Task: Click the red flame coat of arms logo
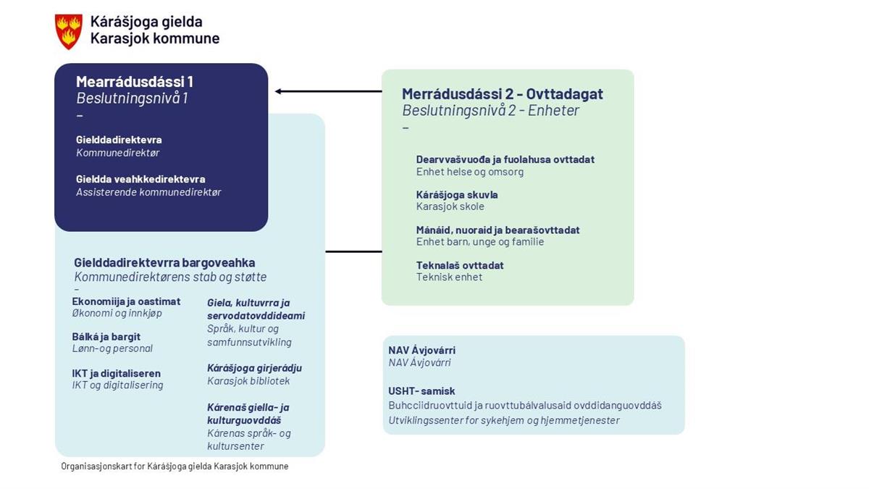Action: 69,31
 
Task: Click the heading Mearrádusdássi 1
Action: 135,82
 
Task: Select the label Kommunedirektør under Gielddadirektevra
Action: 118,153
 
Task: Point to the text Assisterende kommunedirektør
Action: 148,192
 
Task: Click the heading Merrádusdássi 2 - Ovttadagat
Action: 503,94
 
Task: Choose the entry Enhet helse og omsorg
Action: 469,172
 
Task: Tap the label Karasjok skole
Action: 450,206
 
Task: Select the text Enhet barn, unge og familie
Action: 479,241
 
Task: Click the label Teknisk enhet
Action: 449,277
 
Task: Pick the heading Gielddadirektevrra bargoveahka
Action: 164,262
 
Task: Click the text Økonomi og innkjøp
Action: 117,313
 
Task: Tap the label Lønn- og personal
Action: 112,348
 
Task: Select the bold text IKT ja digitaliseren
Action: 117,373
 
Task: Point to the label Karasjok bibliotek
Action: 248,381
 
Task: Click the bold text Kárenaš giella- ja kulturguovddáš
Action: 248,414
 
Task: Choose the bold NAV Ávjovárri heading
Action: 421,350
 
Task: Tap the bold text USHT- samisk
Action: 421,391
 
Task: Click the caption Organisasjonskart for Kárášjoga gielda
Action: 175,467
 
